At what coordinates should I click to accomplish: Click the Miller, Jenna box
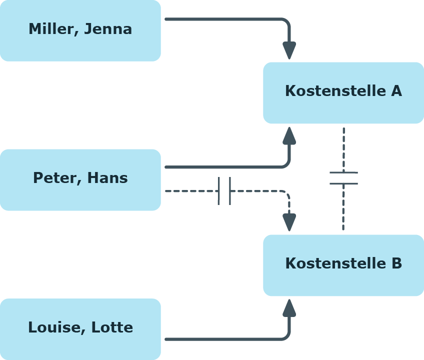(80, 30)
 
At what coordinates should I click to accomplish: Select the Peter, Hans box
(80, 180)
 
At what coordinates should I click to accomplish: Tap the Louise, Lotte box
(80, 329)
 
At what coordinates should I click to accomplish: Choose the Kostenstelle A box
(343, 93)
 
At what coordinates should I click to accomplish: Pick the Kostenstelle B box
(343, 265)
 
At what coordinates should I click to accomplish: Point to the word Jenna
(108, 29)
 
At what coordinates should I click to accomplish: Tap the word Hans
(107, 178)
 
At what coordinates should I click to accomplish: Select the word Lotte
(112, 327)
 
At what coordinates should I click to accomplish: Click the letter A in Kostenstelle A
(396, 91)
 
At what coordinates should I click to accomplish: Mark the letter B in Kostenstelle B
(397, 263)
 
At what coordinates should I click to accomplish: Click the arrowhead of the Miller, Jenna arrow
(289, 50)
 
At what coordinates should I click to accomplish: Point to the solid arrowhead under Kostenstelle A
(289, 135)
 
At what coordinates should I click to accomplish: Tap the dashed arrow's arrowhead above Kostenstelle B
(289, 222)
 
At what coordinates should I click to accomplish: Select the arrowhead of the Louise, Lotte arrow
(289, 308)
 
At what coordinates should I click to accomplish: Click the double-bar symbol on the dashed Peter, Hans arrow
(224, 191)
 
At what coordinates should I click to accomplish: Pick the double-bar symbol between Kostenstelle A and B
(343, 178)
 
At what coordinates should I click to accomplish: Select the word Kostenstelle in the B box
(335, 263)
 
